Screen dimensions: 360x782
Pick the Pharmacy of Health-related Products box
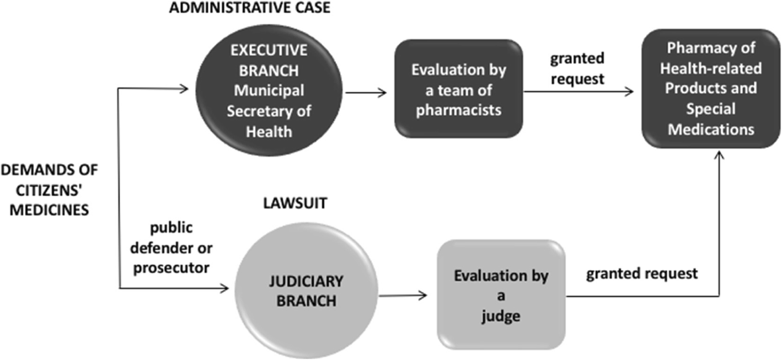710,89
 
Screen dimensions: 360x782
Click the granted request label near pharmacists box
577,68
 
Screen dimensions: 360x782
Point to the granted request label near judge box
641,273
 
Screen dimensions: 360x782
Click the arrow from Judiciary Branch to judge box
403,295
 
